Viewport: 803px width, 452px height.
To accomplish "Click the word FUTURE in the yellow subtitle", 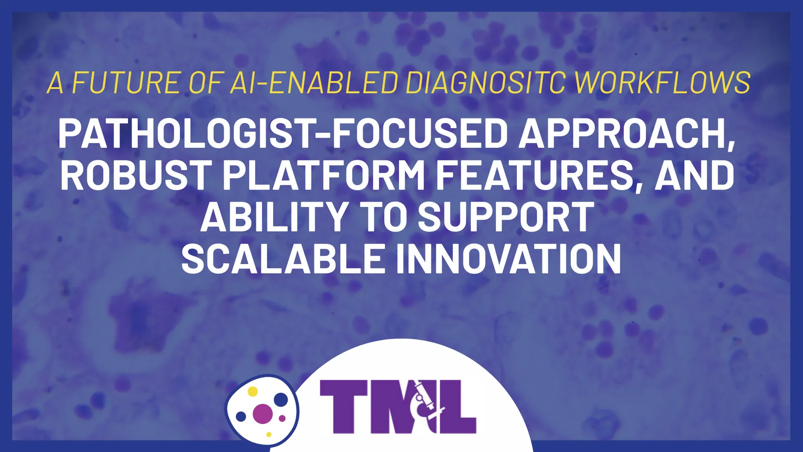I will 127,82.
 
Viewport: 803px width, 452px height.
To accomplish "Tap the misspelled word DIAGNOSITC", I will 486,82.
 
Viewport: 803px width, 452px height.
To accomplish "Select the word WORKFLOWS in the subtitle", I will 663,82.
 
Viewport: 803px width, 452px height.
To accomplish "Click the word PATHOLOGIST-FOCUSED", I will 283,134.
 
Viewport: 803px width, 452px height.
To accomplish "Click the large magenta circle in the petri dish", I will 263,413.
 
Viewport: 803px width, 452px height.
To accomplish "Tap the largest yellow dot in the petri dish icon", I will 253,391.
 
